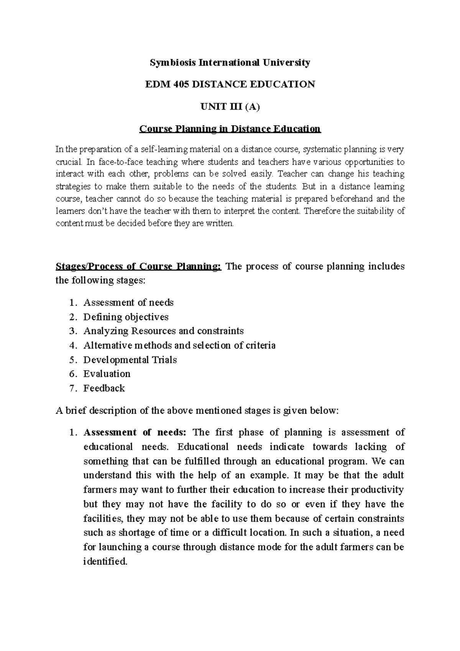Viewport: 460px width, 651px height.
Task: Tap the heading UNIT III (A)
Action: click(x=230, y=107)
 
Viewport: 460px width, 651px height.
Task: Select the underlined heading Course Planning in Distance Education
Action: click(x=230, y=129)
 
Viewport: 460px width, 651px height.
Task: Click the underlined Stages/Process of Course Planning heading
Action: click(x=138, y=266)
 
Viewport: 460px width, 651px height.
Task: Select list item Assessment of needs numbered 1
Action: click(x=128, y=302)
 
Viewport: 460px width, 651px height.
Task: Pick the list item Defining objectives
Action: click(x=126, y=317)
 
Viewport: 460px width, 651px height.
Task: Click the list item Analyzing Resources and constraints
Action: click(x=163, y=331)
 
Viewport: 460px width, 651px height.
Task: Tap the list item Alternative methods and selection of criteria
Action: click(x=179, y=345)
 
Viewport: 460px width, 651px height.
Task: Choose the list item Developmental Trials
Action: click(x=130, y=360)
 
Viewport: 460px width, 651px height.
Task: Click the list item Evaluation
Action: click(x=107, y=374)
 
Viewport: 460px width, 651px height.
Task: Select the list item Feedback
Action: click(x=104, y=388)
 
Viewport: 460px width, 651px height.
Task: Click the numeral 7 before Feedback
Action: click(x=72, y=388)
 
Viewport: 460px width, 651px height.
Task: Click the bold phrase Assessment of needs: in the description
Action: click(x=135, y=432)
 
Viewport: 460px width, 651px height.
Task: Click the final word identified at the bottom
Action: click(x=105, y=562)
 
